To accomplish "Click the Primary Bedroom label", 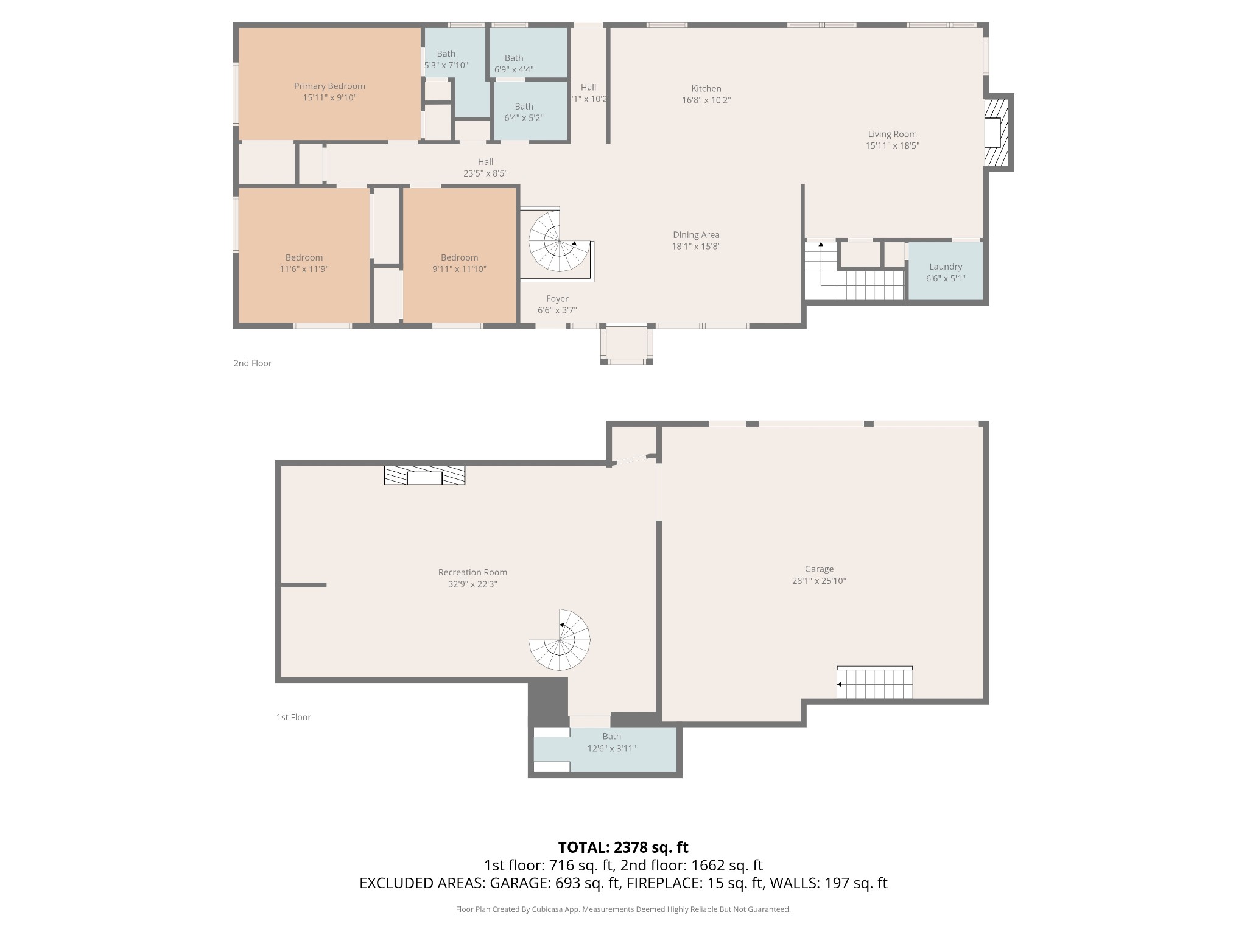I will (329, 86).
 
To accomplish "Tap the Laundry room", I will (945, 271).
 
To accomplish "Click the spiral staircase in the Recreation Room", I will (560, 640).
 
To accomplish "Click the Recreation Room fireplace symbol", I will (424, 475).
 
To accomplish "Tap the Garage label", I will (818, 569).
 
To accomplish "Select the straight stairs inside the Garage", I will (874, 684).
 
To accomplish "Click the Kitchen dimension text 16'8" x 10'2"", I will (706, 100).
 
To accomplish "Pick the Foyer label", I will (557, 299).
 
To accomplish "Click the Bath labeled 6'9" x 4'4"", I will (514, 63).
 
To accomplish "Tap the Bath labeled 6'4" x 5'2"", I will (524, 112).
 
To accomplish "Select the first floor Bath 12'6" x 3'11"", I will (611, 743).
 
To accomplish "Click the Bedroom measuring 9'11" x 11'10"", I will (459, 263).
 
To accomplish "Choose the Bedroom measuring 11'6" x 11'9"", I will (304, 263).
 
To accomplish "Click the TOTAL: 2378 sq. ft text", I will (623, 847).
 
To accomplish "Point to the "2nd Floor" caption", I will (253, 363).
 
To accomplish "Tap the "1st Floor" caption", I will (293, 717).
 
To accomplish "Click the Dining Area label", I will (696, 235).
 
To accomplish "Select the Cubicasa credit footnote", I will (623, 909).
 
